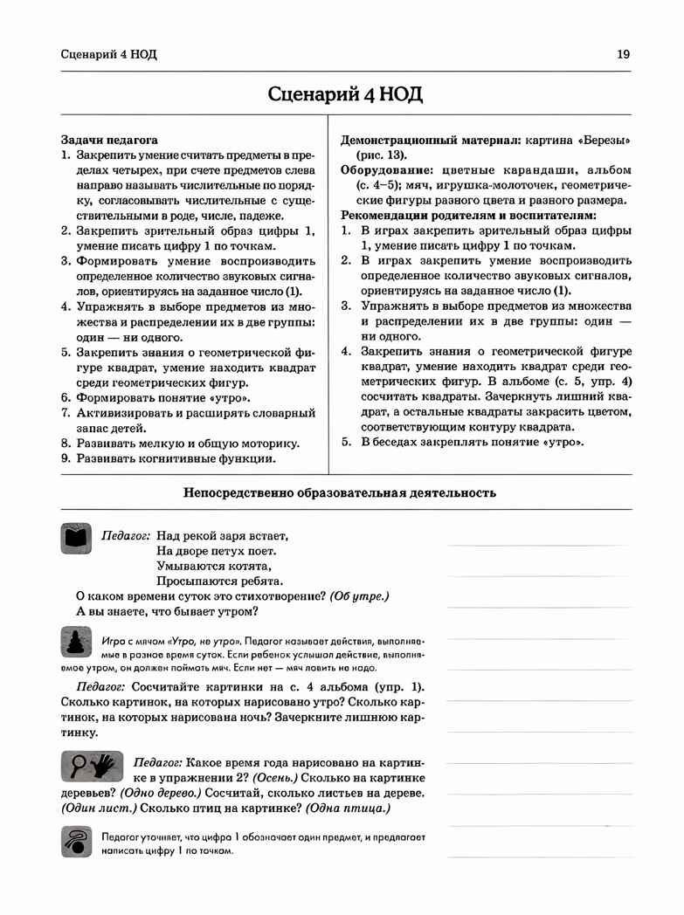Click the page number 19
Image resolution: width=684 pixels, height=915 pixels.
point(623,54)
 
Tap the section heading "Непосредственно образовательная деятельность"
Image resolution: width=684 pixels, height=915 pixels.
point(340,492)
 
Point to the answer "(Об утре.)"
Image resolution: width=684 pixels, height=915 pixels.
point(359,595)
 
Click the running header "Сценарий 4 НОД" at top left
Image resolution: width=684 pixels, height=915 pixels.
point(109,54)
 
